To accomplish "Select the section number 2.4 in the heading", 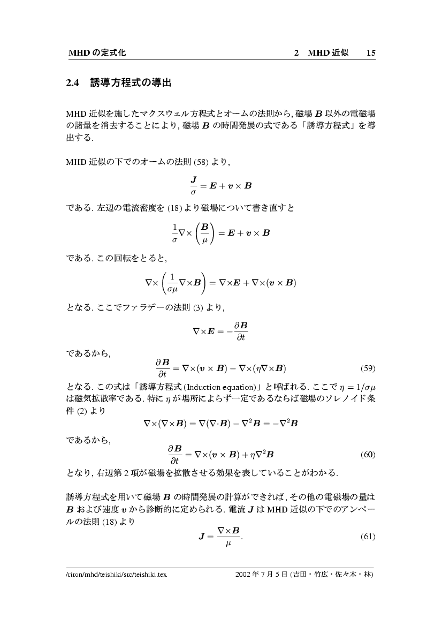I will [x=72, y=83].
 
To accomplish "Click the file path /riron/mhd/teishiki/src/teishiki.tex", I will [x=116, y=575].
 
